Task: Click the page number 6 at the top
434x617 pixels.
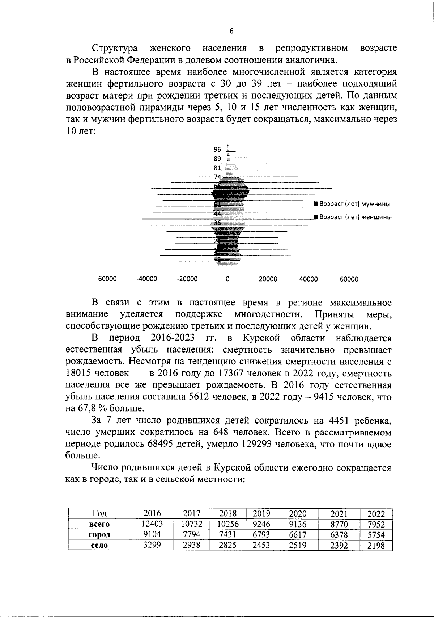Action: [231, 31]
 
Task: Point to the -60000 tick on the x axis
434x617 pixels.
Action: [106, 279]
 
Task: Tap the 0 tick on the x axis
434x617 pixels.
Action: [227, 279]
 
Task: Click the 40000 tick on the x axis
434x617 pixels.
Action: [309, 279]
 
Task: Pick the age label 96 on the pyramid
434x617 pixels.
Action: [217, 149]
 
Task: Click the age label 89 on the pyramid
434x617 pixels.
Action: [217, 158]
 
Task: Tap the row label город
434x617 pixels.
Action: [99, 535]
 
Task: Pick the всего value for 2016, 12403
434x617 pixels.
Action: [152, 524]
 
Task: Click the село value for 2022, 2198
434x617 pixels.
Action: [376, 545]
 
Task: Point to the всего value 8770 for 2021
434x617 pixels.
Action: [339, 524]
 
